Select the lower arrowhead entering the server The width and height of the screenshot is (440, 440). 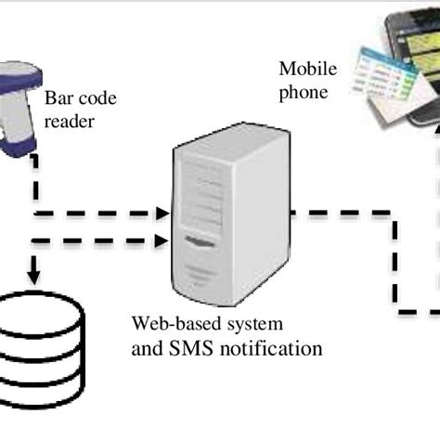162,245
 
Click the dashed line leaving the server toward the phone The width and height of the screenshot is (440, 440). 343,214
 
